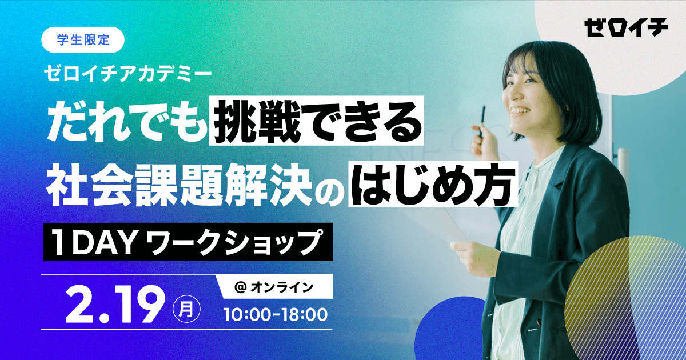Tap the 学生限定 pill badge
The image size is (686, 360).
[83, 40]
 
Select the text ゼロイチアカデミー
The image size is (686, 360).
[127, 74]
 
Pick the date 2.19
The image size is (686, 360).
[113, 309]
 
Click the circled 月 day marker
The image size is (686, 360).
[186, 309]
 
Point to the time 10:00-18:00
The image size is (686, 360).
[276, 315]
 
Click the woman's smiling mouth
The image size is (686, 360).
[519, 110]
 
